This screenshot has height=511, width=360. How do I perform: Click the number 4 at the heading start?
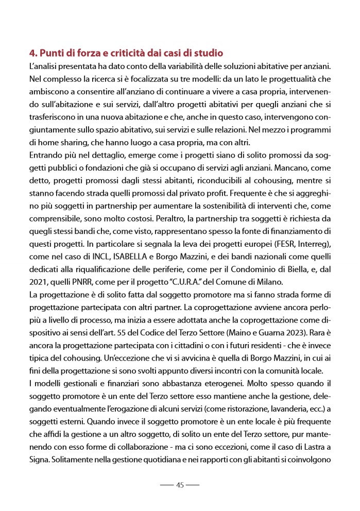point(32,53)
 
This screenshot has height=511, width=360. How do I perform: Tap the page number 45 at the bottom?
point(180,485)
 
